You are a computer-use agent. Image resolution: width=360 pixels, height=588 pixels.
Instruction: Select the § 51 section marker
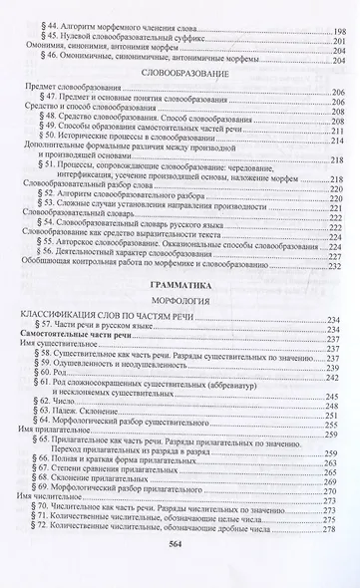(43, 159)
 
